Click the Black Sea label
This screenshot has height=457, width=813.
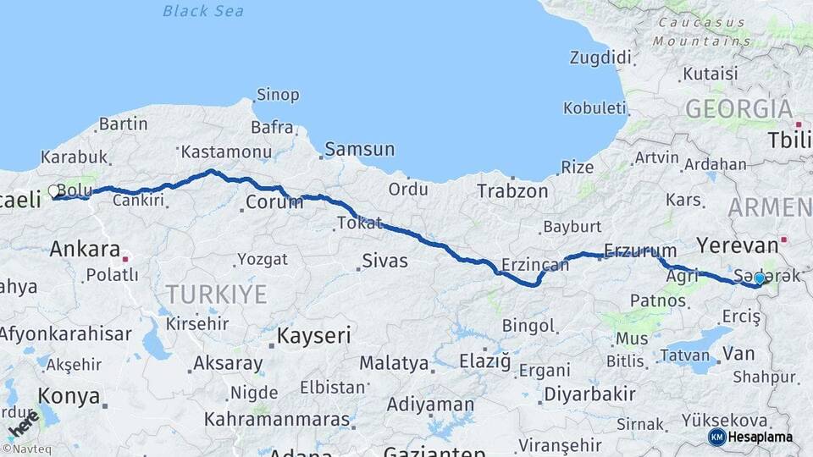coord(202,11)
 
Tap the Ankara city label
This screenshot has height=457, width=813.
coord(85,249)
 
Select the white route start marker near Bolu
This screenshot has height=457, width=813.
coord(54,191)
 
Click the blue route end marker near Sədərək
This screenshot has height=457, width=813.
coord(760,278)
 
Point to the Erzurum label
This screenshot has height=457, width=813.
coord(640,251)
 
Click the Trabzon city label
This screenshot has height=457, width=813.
coord(512,191)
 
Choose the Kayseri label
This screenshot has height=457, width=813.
coord(314,335)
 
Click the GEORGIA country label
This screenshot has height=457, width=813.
coord(738,109)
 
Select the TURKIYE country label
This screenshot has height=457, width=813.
coord(216,295)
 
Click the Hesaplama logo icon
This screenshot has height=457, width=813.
coord(716,437)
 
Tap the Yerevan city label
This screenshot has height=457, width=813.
coord(737,245)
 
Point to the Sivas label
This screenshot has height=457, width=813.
coord(384,262)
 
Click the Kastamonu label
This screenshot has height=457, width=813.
coord(226,152)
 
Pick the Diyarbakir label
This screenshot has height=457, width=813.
coord(589,394)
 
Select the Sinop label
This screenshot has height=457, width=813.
coord(278,95)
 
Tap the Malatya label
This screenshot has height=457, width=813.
coord(394,363)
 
